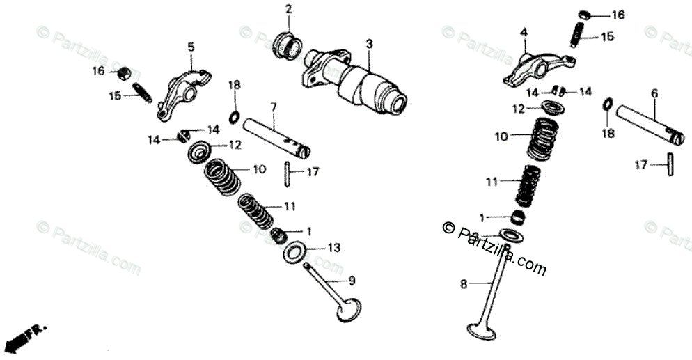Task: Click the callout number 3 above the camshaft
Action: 369,44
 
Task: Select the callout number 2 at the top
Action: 288,9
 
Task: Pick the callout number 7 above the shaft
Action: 273,107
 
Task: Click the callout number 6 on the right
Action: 654,93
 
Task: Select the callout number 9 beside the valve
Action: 352,281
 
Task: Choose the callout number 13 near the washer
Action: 334,247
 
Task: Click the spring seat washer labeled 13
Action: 295,252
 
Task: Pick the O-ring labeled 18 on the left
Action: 235,116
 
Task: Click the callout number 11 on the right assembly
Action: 492,182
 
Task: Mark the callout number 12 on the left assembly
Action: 235,145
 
